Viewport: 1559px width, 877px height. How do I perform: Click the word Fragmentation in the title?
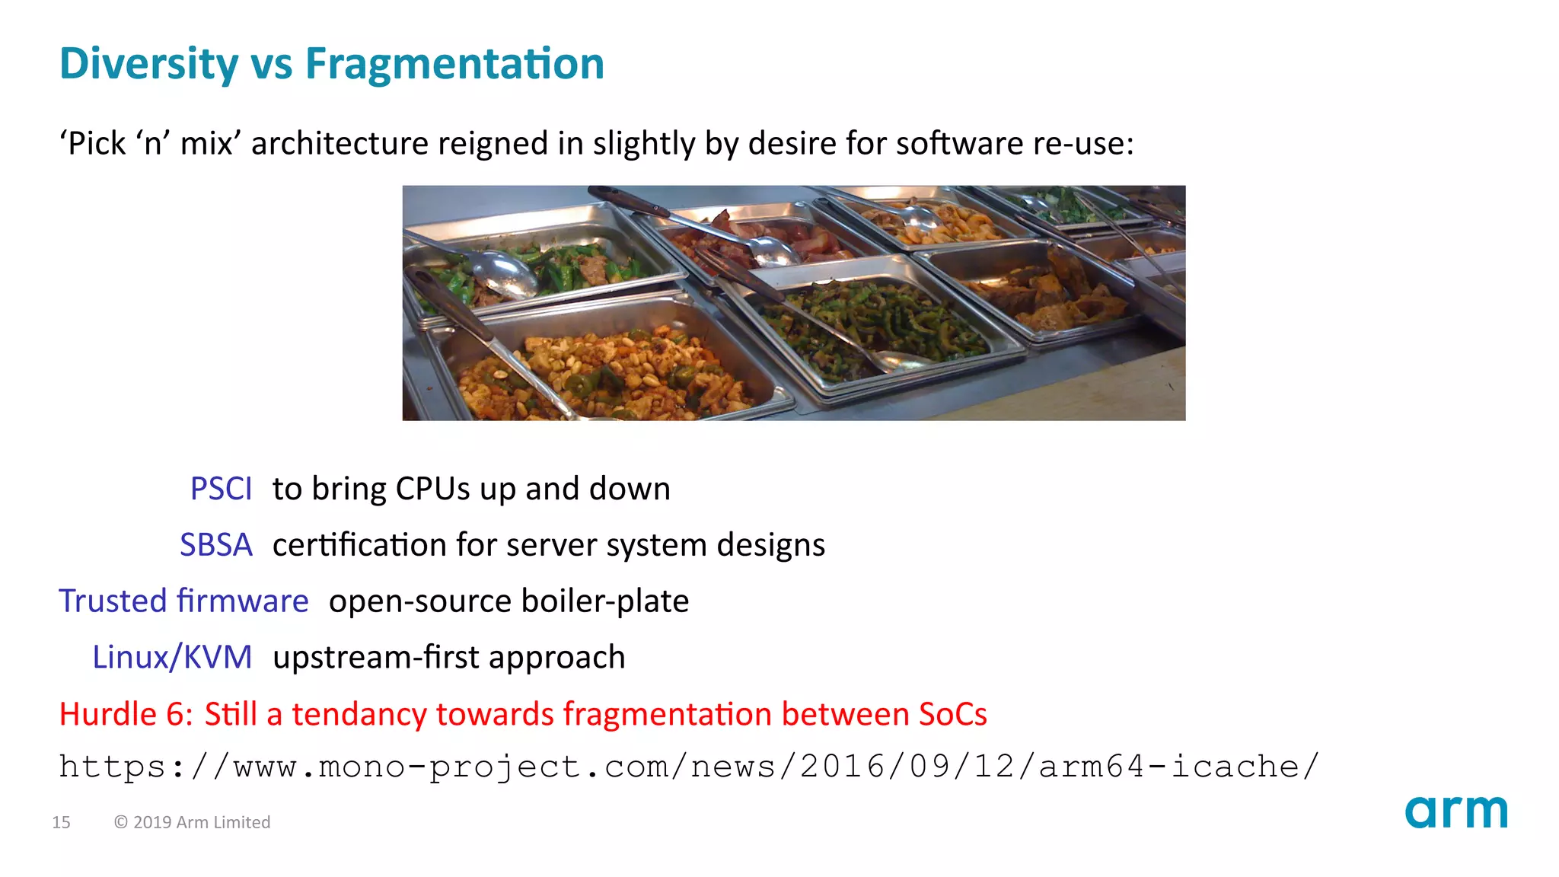pyautogui.click(x=454, y=63)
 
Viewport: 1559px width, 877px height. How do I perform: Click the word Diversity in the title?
pyautogui.click(x=148, y=63)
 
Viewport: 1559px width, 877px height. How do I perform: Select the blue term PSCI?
pyautogui.click(x=221, y=489)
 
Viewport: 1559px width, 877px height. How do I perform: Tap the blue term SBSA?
pyautogui.click(x=215, y=545)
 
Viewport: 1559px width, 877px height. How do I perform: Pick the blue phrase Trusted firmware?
pyautogui.click(x=183, y=601)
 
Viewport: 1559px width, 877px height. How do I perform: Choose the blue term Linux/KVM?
pyautogui.click(x=172, y=657)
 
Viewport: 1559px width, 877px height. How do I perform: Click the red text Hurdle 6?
pyautogui.click(x=126, y=714)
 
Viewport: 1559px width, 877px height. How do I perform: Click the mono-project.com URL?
pyautogui.click(x=688, y=766)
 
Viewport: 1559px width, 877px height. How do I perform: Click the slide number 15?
pyautogui.click(x=61, y=822)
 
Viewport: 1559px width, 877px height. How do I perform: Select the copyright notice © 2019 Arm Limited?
pyautogui.click(x=192, y=822)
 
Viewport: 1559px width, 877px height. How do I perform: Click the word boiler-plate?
pyautogui.click(x=605, y=601)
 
